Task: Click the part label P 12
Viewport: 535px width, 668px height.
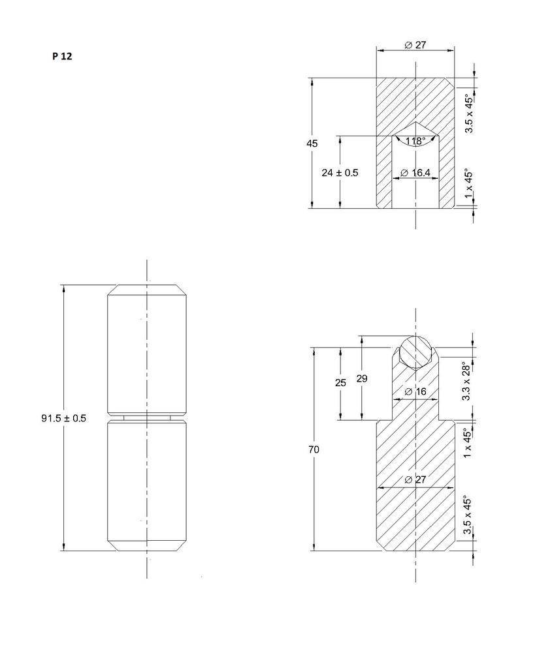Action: [x=62, y=56]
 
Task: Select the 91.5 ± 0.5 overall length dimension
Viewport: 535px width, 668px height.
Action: [x=64, y=418]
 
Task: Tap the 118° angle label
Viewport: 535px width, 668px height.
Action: [x=415, y=142]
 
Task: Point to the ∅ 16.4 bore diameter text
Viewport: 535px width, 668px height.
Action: [x=415, y=173]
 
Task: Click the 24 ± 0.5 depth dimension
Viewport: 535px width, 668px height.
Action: [x=340, y=173]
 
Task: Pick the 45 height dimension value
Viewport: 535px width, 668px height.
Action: [x=312, y=144]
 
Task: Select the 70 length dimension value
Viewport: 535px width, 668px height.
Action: [x=314, y=449]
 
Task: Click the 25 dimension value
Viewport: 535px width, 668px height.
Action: [x=340, y=383]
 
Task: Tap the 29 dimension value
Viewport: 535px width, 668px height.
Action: [x=362, y=378]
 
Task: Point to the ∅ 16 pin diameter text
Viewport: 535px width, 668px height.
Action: [x=415, y=391]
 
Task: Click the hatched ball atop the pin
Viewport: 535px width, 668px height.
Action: [x=415, y=353]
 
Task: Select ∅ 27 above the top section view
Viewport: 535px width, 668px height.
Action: [x=415, y=45]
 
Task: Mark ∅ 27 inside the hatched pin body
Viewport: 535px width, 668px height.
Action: [x=415, y=479]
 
